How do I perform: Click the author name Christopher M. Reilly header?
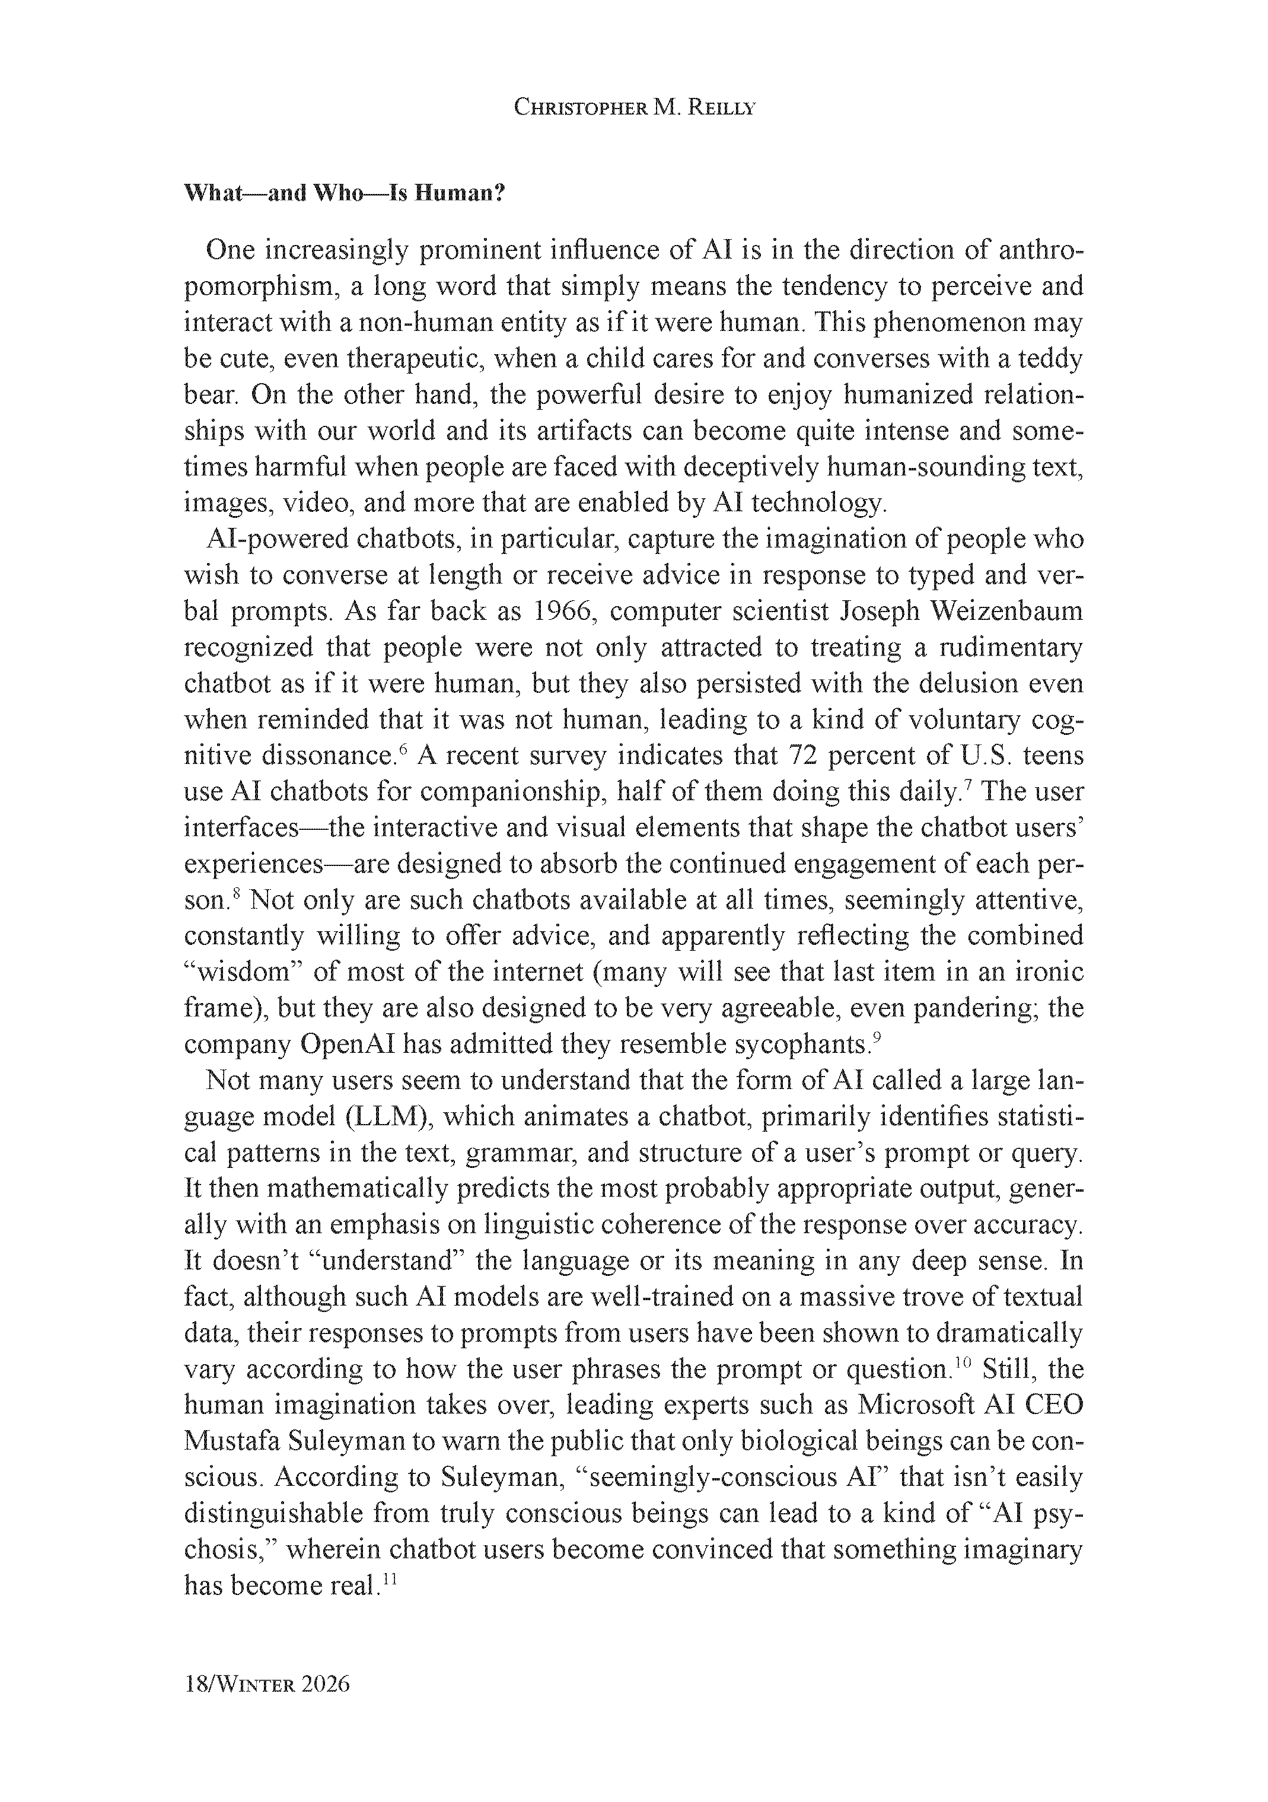(634, 109)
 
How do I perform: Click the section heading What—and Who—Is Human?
(343, 193)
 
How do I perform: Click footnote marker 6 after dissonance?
(403, 749)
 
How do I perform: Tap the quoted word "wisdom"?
(243, 972)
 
